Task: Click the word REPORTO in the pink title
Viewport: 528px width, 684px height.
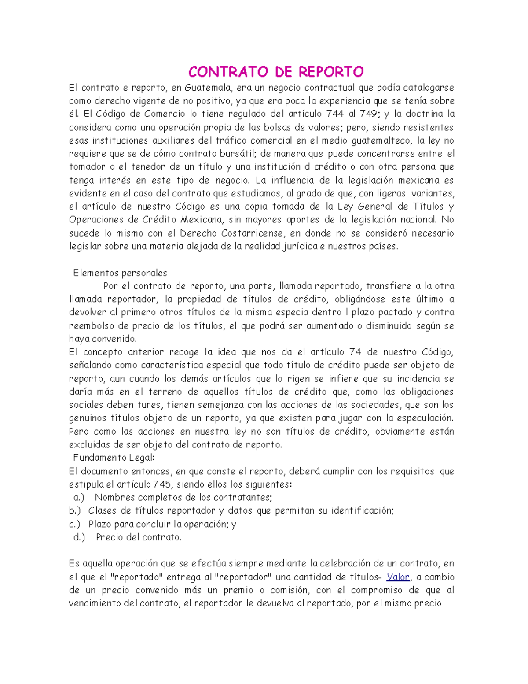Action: (x=331, y=71)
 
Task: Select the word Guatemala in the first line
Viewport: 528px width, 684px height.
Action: (x=206, y=88)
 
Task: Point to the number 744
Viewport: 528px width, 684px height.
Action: (x=335, y=114)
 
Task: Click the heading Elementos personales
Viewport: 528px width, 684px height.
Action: (x=120, y=273)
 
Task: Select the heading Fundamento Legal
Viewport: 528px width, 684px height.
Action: (x=114, y=458)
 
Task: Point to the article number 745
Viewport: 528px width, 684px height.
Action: (x=162, y=484)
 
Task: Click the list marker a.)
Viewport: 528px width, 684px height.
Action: (x=79, y=498)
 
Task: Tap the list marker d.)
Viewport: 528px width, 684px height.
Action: (x=79, y=537)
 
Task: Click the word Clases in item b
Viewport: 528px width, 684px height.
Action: (x=103, y=511)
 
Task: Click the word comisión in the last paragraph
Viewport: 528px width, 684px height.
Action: (x=290, y=590)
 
